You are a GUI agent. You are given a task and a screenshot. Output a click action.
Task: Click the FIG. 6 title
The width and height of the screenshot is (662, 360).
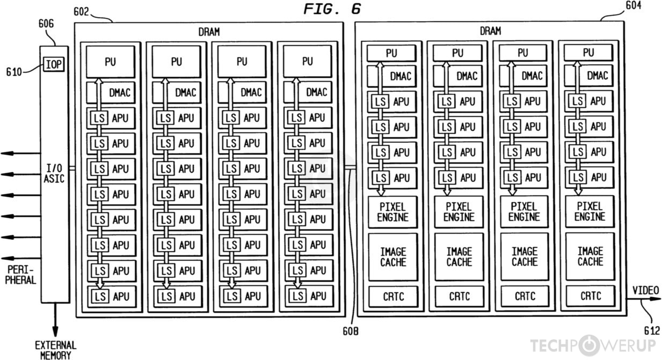click(x=332, y=9)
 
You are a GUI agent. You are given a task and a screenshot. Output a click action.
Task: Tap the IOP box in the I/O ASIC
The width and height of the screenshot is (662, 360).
click(x=54, y=64)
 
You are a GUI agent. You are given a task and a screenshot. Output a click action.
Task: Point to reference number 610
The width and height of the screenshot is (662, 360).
click(x=14, y=71)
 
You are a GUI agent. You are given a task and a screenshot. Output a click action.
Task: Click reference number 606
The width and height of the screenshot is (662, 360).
click(x=46, y=24)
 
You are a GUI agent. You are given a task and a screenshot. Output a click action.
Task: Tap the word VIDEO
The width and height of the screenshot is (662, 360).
click(x=645, y=291)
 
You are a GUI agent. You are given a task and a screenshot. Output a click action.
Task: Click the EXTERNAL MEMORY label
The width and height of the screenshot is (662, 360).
click(x=55, y=350)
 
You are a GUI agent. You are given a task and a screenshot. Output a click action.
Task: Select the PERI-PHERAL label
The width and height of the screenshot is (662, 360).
click(x=21, y=275)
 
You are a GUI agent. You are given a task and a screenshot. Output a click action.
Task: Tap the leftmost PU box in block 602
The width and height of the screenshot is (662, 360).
click(x=110, y=62)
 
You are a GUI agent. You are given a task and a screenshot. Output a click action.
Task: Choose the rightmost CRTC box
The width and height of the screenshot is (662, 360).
click(x=590, y=296)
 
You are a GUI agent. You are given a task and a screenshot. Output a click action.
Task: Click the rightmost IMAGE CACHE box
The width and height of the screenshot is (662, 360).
click(x=590, y=256)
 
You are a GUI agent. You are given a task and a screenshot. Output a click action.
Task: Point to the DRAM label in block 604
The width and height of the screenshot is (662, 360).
click(x=490, y=31)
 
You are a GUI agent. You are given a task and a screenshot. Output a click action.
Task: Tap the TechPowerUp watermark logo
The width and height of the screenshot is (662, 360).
click(x=593, y=345)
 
